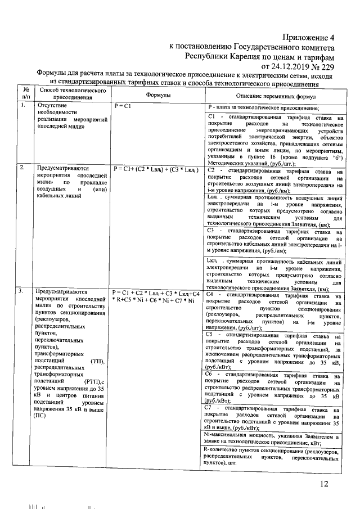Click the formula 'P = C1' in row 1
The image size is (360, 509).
(x=122, y=106)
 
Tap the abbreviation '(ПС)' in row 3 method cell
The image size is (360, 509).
(x=40, y=416)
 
